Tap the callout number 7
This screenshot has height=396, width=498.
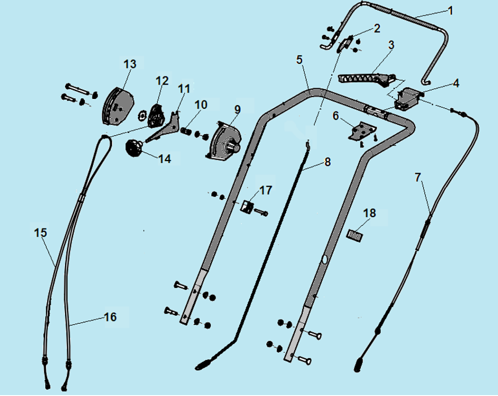click(x=418, y=178)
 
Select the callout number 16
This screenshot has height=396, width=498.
click(x=110, y=317)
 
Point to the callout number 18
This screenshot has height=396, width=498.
click(x=370, y=213)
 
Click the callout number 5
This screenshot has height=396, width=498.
click(x=299, y=60)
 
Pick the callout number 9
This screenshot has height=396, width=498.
click(x=238, y=110)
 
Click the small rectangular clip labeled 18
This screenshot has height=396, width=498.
click(x=354, y=235)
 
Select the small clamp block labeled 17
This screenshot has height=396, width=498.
click(x=247, y=207)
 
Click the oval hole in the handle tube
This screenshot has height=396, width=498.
click(x=325, y=260)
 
